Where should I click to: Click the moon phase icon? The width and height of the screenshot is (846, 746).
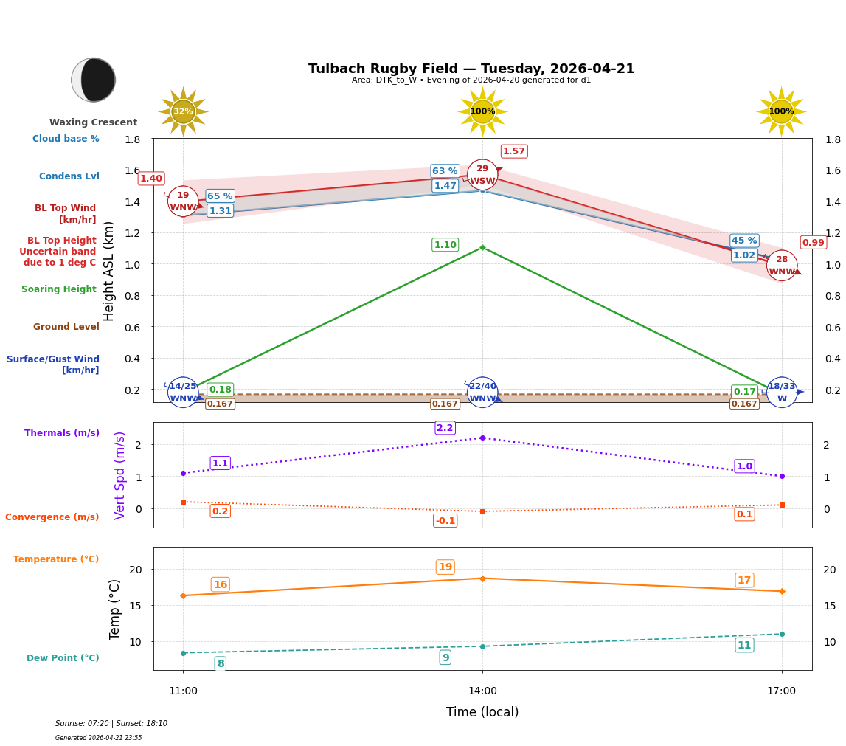click(x=94, y=80)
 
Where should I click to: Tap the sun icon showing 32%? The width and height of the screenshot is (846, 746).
click(x=183, y=111)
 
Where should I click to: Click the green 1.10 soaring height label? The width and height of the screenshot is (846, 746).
click(x=445, y=245)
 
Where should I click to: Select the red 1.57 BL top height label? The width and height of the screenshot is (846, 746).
click(x=513, y=151)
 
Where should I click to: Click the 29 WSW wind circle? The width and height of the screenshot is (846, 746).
click(x=482, y=175)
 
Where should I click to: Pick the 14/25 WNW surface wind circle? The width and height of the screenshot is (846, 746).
click(x=183, y=393)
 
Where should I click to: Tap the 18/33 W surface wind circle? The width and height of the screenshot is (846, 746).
click(x=782, y=393)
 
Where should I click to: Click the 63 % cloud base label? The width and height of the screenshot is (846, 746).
click(x=445, y=171)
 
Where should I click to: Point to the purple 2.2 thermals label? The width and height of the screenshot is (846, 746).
click(x=445, y=428)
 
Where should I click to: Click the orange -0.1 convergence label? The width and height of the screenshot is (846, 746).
click(x=445, y=521)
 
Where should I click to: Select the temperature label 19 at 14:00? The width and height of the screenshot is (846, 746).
click(x=445, y=567)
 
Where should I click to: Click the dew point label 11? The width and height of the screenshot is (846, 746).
click(x=744, y=646)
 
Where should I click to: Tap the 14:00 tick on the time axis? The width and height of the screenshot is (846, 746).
click(x=482, y=691)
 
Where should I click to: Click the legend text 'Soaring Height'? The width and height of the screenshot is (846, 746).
click(x=59, y=290)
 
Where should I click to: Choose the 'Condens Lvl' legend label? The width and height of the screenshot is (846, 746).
click(x=69, y=176)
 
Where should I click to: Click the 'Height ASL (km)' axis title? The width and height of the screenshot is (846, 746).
click(x=109, y=271)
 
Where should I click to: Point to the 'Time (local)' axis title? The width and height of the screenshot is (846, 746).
click(x=482, y=713)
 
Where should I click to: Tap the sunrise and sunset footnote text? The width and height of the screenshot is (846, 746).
click(x=111, y=724)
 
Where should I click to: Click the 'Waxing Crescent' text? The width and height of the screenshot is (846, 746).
click(x=94, y=122)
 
